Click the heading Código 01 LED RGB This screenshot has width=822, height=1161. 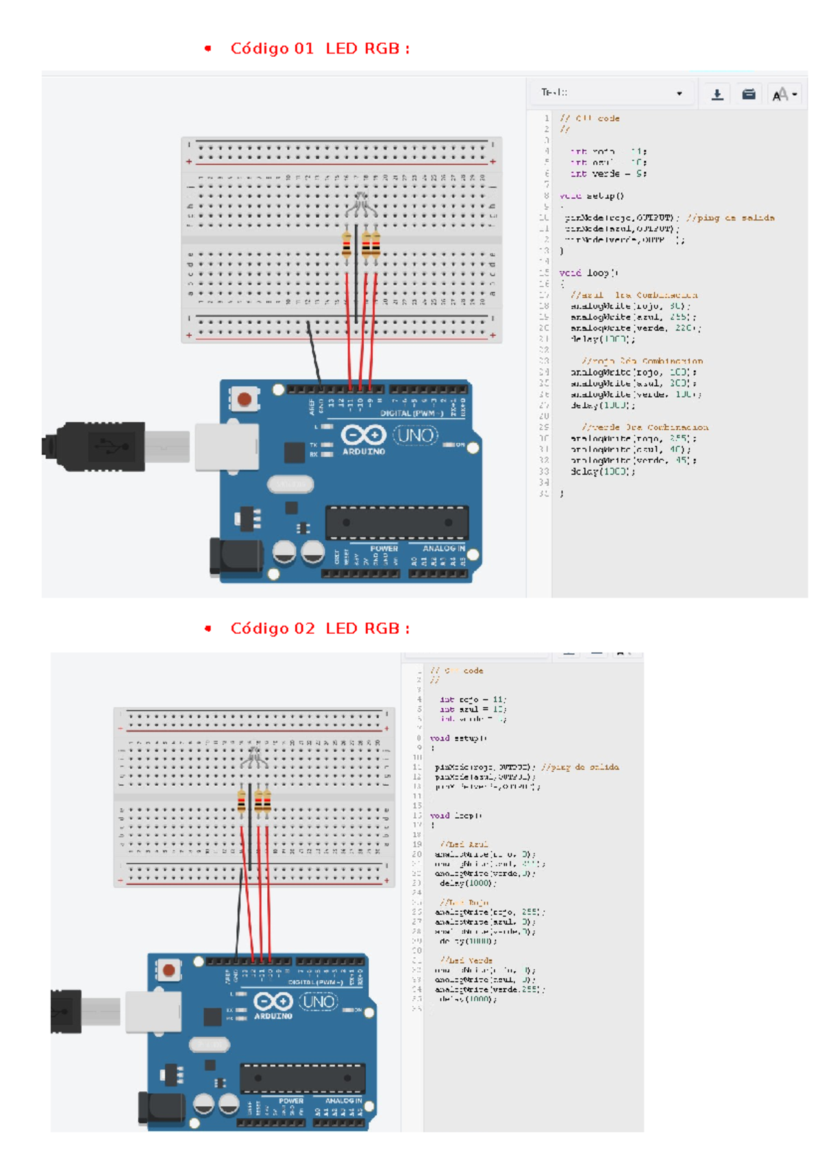coord(319,49)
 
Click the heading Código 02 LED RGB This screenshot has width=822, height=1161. coord(319,628)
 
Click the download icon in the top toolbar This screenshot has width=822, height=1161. coord(717,94)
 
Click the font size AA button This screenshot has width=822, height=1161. coord(784,94)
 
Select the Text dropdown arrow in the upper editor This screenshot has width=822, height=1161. coord(679,94)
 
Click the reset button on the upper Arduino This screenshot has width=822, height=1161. coord(244,398)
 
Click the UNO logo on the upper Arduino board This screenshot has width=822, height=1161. coord(415,435)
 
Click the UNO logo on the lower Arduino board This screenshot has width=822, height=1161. coord(319,1002)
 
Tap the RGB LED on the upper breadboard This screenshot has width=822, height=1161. coord(360,203)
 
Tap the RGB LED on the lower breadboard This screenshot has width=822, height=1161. coord(254,756)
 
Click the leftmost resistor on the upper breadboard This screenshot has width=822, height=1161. coord(347,245)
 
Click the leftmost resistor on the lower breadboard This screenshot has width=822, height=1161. coord(241,800)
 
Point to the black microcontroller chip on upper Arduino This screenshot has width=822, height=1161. coord(397,523)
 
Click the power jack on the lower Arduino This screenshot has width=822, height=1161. coord(162,1108)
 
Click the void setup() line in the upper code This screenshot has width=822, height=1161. coord(592,196)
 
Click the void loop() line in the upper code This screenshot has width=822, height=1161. coord(589,273)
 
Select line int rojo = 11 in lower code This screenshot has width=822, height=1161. coord(473,700)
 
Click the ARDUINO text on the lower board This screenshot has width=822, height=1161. coord(273,1016)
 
